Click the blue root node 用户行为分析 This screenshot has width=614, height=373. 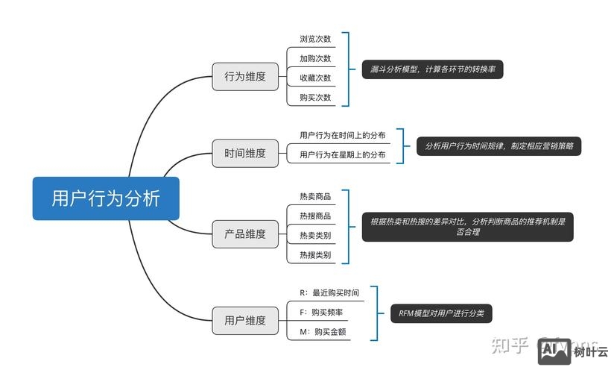coord(106,198)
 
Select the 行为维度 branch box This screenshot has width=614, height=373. coord(245,76)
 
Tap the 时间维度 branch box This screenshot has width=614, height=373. coord(245,153)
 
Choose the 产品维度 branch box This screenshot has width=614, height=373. coord(245,233)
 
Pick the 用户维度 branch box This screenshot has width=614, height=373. coord(245,320)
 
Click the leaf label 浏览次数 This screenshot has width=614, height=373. coord(315,39)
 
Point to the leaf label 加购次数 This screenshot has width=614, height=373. coord(315,58)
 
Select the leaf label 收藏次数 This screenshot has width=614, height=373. coord(315,78)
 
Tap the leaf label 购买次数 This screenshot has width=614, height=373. coord(315,98)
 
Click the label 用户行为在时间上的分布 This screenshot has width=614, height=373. coord(343,135)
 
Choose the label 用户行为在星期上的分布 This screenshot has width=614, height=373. coord(343,155)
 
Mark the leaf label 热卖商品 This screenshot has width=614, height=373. coord(315,196)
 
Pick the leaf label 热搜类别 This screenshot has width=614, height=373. coord(315,254)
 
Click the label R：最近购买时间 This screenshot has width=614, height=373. coord(329,293)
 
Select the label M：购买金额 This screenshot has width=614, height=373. coord(323,332)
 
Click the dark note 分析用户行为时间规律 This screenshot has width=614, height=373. coord(499,146)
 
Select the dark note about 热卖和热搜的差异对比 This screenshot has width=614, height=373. coord(467,226)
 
